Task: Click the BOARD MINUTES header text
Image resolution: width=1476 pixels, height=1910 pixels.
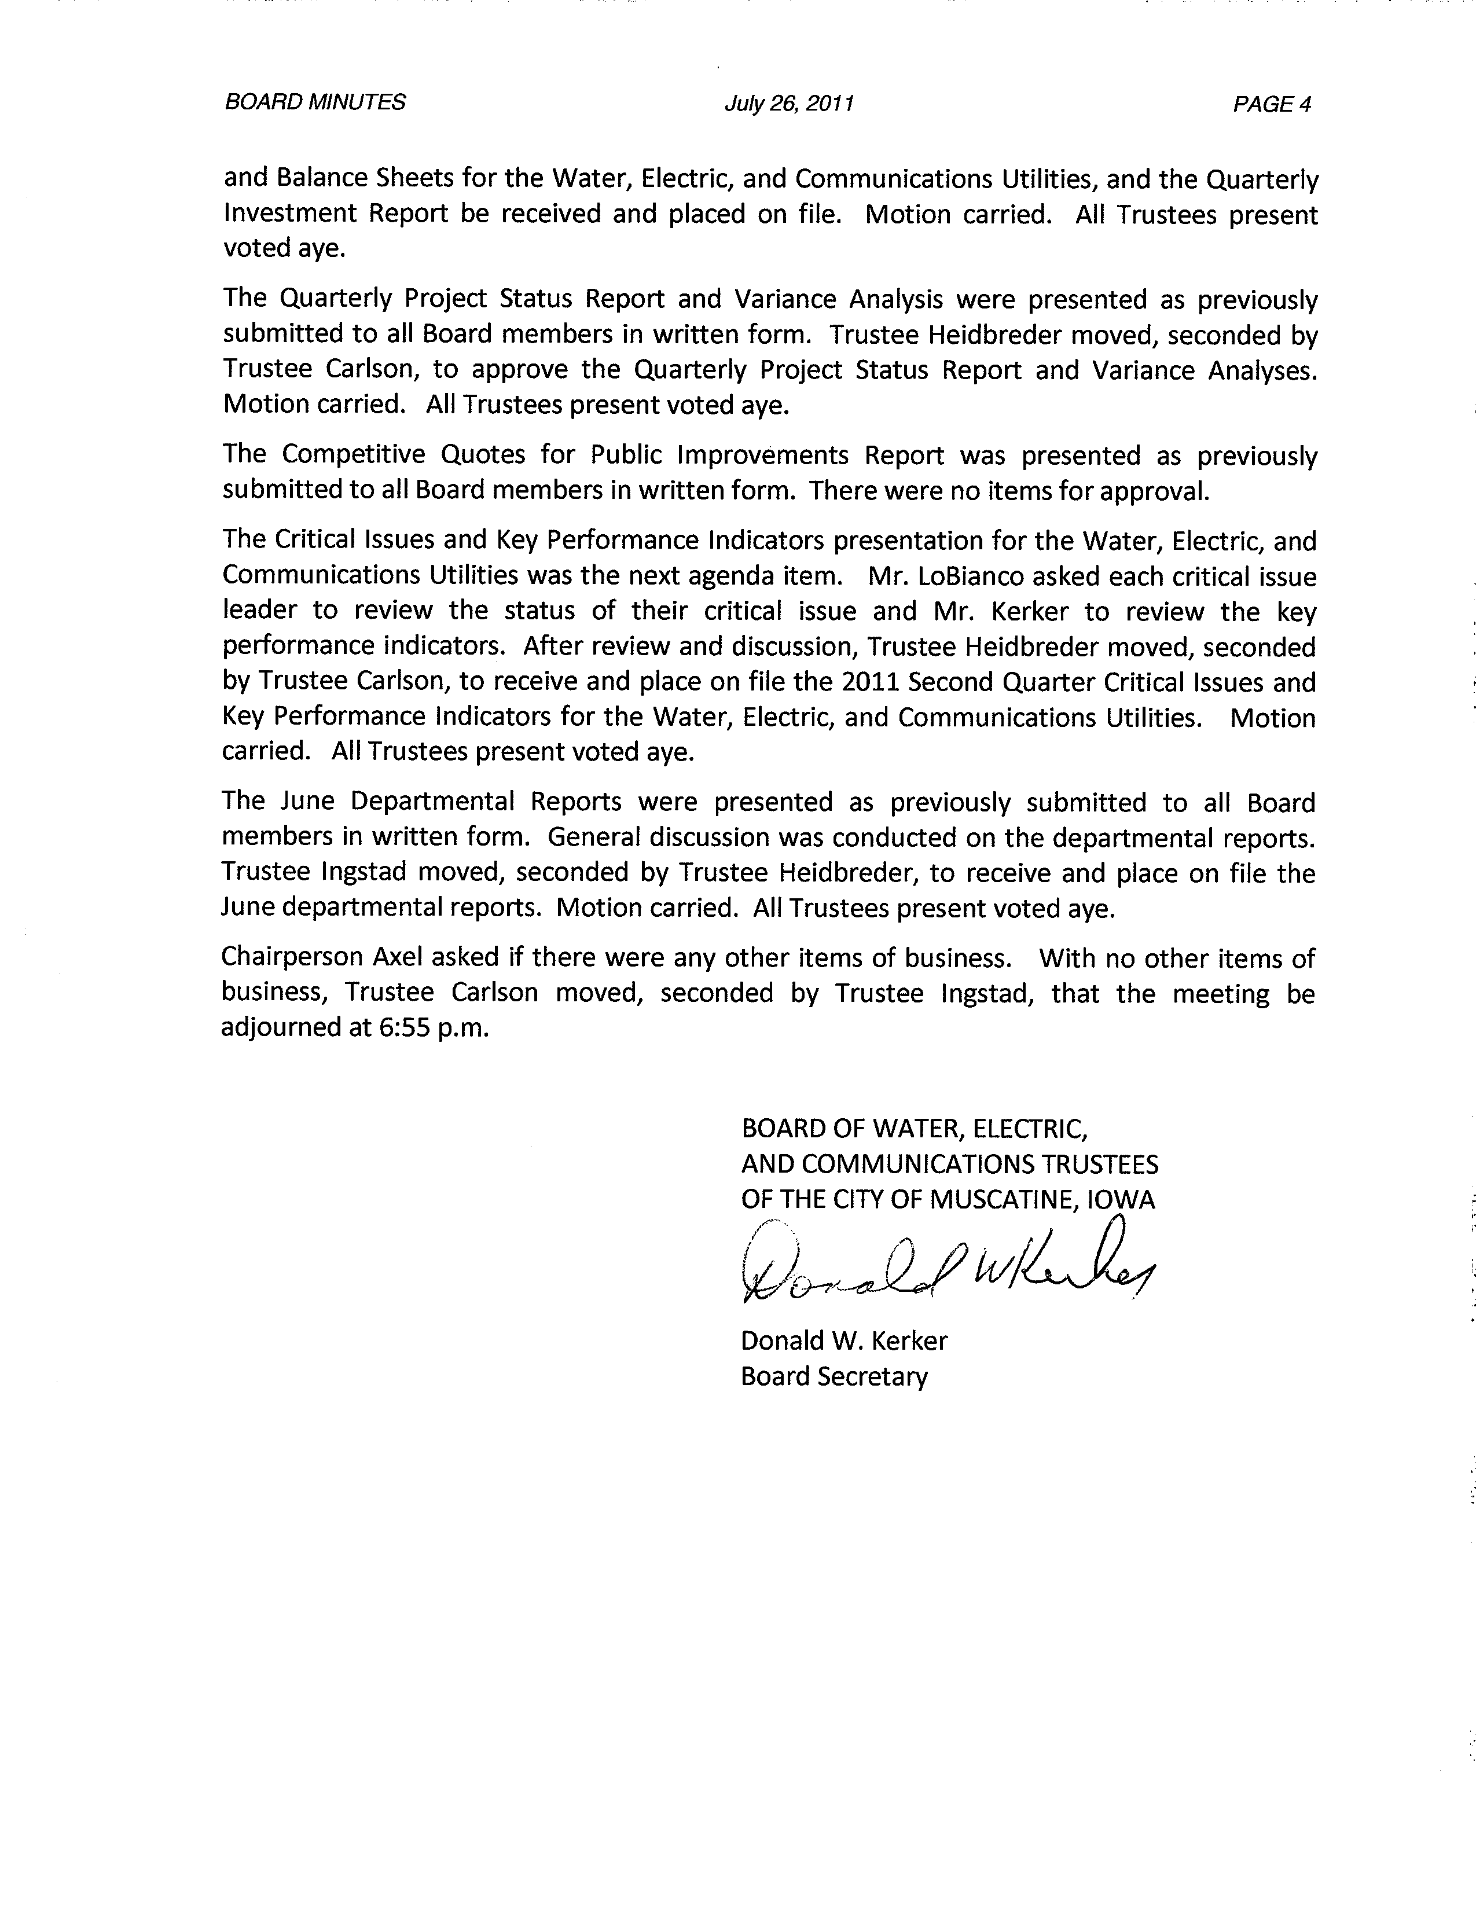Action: coord(315,102)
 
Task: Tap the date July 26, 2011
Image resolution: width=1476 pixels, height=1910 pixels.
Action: coord(789,104)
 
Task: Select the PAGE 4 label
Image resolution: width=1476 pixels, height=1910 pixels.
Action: coord(1272,105)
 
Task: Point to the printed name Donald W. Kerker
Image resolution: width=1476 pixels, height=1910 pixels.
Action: coord(844,1340)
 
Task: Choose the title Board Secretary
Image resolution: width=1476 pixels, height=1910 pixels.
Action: coord(834,1376)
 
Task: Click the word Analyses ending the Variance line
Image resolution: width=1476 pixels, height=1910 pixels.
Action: coord(1262,371)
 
